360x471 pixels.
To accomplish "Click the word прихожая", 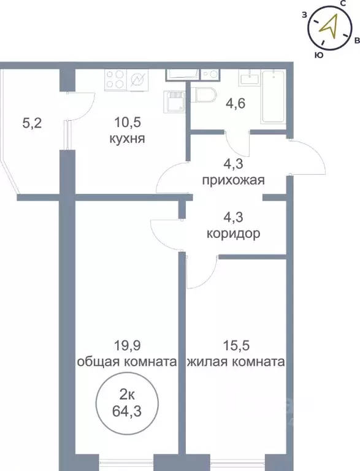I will [234, 180].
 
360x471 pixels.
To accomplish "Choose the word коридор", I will [234, 234].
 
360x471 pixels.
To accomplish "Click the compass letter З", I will [304, 14].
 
